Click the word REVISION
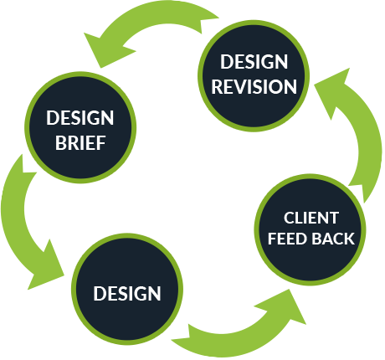[254, 87]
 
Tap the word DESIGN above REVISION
[254, 62]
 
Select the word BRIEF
[80, 143]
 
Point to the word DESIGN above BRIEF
[80, 118]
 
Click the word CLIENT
[311, 218]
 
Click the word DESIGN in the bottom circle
[127, 294]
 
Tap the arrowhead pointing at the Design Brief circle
[107, 50]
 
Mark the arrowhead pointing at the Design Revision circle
[332, 90]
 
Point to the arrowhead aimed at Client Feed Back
[285, 307]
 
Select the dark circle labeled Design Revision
[254, 75]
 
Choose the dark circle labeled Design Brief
[80, 127]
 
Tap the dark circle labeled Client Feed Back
[310, 229]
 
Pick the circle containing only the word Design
[127, 289]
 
